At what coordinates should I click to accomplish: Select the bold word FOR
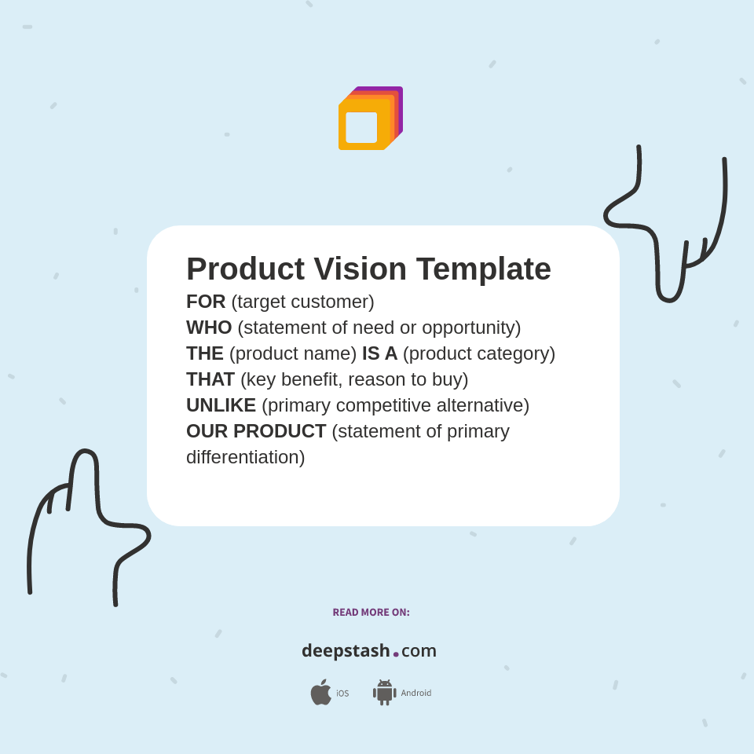(x=206, y=302)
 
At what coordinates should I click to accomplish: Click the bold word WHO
(x=209, y=328)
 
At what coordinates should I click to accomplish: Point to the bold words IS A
(x=379, y=353)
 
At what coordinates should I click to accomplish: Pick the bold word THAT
(x=210, y=379)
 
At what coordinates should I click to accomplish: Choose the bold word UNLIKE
(x=221, y=405)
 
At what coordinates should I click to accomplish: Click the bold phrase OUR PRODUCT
(x=256, y=431)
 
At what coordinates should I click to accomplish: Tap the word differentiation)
(x=245, y=457)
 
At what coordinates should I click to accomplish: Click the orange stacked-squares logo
(x=369, y=119)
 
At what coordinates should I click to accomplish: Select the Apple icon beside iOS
(x=320, y=692)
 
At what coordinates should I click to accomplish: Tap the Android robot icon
(x=385, y=692)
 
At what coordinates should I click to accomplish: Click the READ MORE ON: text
(x=371, y=613)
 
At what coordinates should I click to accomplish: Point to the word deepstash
(x=346, y=650)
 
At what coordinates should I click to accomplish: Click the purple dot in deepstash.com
(x=396, y=654)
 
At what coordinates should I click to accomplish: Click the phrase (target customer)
(x=302, y=302)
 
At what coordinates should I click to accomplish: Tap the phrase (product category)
(x=479, y=353)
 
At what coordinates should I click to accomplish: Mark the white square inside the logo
(x=361, y=127)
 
